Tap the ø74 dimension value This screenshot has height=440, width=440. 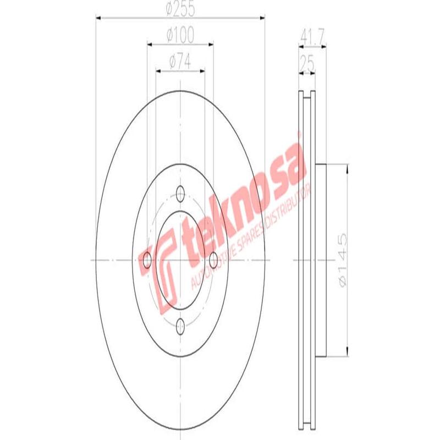(180, 62)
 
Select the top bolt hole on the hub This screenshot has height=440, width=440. (180, 193)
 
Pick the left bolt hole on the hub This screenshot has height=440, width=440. (147, 260)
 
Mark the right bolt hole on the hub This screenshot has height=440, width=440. (214, 260)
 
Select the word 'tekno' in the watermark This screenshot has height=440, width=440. (220, 220)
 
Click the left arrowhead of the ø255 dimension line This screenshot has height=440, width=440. (99, 18)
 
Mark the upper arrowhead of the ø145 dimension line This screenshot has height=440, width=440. (346, 167)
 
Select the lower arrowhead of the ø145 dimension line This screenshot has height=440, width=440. (346, 354)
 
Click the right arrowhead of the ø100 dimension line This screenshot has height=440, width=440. (211, 43)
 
